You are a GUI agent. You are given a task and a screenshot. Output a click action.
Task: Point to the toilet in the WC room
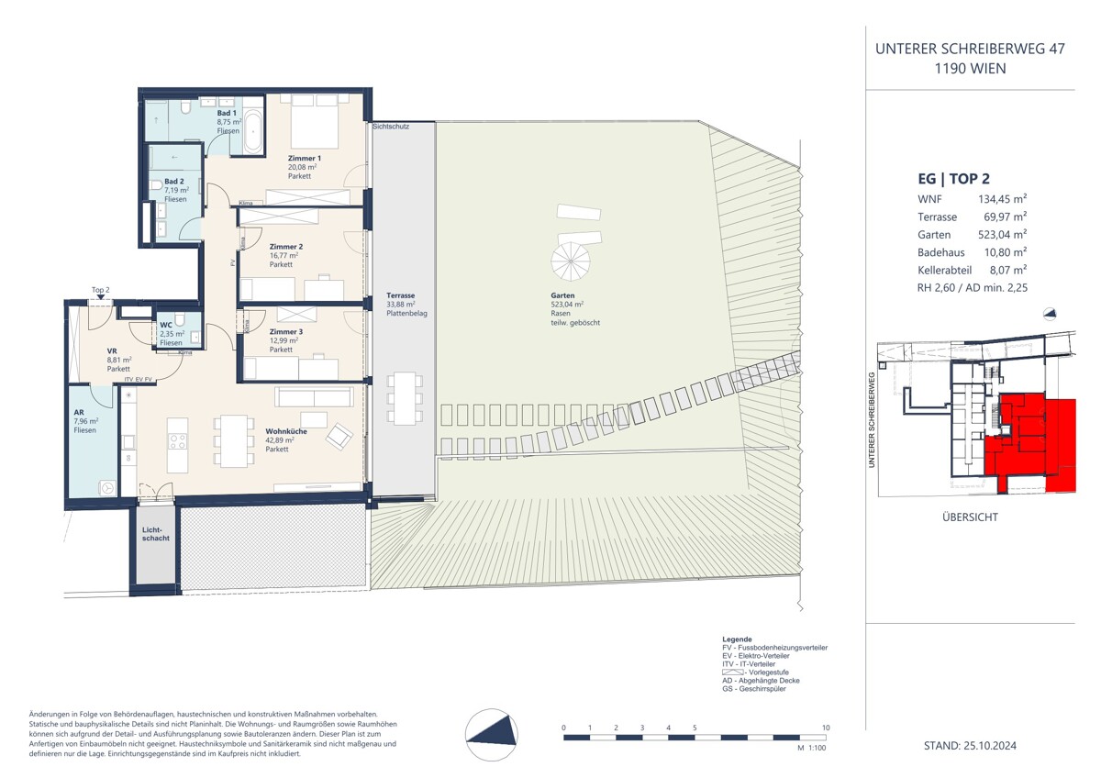tap(182, 318)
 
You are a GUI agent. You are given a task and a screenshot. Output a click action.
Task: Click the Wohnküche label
tap(285, 430)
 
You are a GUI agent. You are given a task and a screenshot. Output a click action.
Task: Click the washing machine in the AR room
tap(107, 488)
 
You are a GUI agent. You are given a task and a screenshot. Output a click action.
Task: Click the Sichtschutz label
tap(391, 126)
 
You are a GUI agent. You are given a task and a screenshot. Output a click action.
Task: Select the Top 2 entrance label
tap(101, 289)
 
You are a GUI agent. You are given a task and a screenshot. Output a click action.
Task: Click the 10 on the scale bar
tap(826, 728)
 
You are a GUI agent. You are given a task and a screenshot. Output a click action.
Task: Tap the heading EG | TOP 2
tap(954, 179)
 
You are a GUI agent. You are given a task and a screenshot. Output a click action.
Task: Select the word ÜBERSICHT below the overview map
tap(970, 517)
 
